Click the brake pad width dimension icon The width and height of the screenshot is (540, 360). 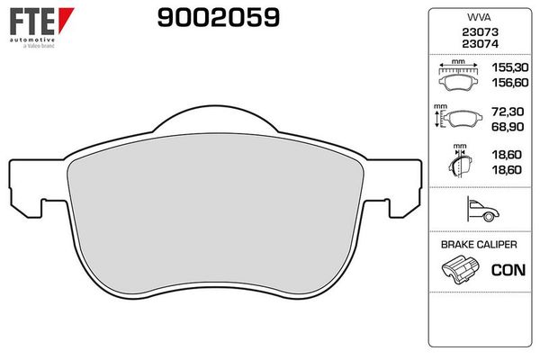pos(459,76)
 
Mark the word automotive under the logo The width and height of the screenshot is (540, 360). pos(31,40)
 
